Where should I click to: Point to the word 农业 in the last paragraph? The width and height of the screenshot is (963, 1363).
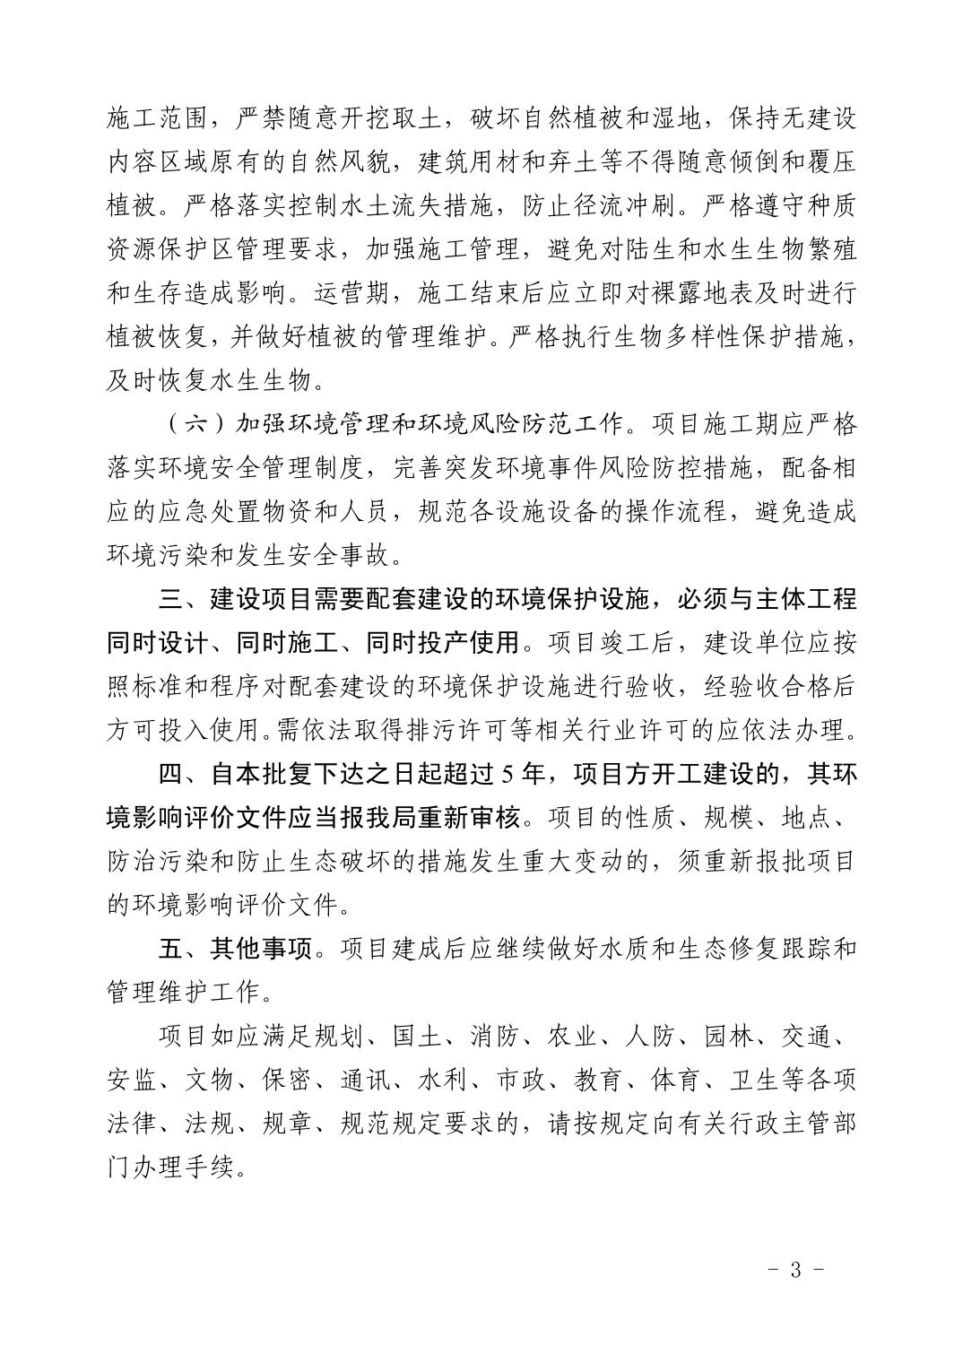coord(573,1037)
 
